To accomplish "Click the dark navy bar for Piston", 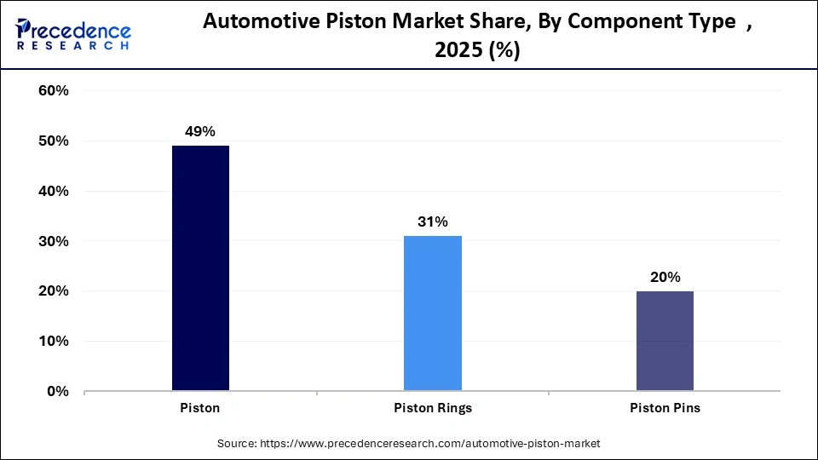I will [200, 268].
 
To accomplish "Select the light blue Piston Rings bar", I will [433, 313].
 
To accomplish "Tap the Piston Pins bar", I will [665, 341].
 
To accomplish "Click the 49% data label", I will [200, 131].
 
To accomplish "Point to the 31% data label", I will [433, 221].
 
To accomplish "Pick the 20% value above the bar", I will [665, 277].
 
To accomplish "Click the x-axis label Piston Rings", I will [433, 408].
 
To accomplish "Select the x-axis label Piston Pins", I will [665, 408].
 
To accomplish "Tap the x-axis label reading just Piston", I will [200, 408].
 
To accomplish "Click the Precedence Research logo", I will [73, 34].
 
